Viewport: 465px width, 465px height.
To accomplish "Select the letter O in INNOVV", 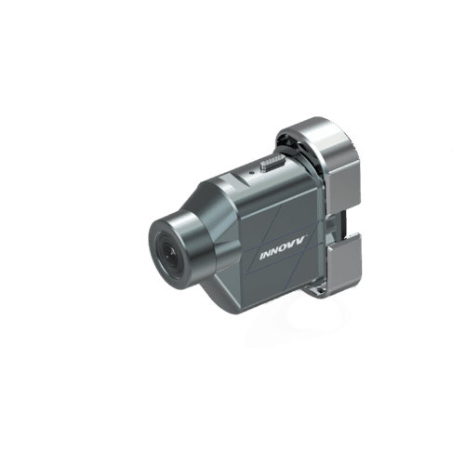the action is tap(286, 248).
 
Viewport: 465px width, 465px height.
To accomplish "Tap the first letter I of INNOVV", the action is tap(262, 256).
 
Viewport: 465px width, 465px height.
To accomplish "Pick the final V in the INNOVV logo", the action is tap(302, 241).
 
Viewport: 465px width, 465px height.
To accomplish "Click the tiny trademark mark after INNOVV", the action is tap(307, 236).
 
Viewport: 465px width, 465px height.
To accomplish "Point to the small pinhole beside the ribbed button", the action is tap(252, 171).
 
